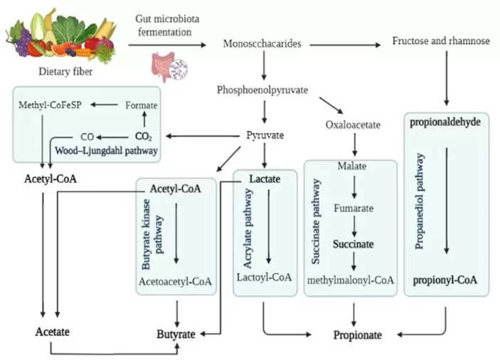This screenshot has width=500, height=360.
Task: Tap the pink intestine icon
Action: click(x=160, y=67)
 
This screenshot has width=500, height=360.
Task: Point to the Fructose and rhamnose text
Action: click(x=441, y=41)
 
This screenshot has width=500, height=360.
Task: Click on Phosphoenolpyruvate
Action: click(x=264, y=90)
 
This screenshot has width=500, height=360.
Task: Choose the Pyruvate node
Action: click(x=265, y=134)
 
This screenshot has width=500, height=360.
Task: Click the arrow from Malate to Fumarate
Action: click(x=353, y=186)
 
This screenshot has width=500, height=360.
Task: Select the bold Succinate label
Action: click(x=353, y=243)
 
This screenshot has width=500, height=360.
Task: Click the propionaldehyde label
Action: click(x=445, y=122)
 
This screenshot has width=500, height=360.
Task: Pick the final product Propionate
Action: click(x=358, y=334)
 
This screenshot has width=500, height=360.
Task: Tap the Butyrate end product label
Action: click(x=176, y=332)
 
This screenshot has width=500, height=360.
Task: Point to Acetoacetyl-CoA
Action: click(x=176, y=281)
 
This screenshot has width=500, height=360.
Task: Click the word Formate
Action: click(x=141, y=105)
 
